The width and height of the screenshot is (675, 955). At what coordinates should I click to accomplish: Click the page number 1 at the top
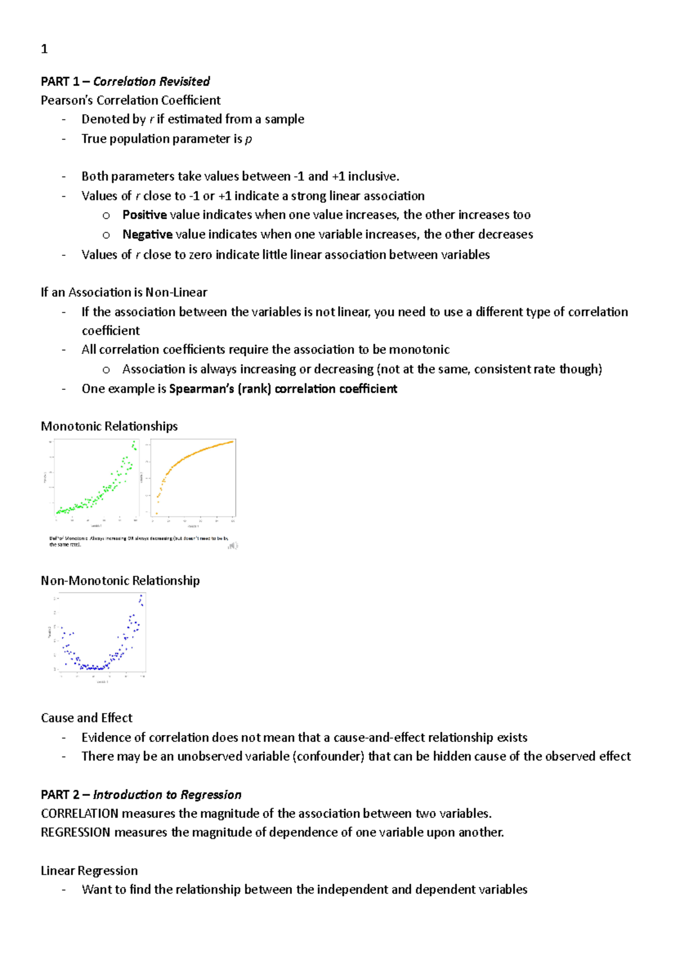coord(44,49)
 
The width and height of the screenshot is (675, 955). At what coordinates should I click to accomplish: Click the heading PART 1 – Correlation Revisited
coord(125,82)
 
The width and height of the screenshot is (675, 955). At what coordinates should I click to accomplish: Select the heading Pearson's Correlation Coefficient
coord(130,100)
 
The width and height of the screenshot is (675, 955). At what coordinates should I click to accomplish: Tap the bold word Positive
coord(145,215)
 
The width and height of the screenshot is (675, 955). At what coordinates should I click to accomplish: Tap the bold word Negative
coord(147,235)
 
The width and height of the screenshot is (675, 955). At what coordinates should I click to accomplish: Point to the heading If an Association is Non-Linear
coord(124,292)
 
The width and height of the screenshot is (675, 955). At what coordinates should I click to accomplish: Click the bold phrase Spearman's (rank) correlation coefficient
coord(283,389)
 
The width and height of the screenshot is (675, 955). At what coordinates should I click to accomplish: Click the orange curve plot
coord(193,478)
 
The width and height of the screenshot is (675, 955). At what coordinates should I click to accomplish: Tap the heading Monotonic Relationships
coord(109,426)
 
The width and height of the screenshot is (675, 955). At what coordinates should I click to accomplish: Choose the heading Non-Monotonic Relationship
coord(120,580)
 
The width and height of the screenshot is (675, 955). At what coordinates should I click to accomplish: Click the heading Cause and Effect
coord(87,718)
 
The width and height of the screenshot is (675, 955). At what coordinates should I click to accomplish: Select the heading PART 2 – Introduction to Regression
coord(141,795)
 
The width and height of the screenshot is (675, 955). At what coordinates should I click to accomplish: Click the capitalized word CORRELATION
coord(79,814)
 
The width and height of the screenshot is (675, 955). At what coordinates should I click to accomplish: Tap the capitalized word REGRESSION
coord(75,832)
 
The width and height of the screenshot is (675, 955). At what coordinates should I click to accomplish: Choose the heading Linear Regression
coord(89,871)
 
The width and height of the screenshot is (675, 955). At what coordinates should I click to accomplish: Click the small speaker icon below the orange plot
coord(233,545)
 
